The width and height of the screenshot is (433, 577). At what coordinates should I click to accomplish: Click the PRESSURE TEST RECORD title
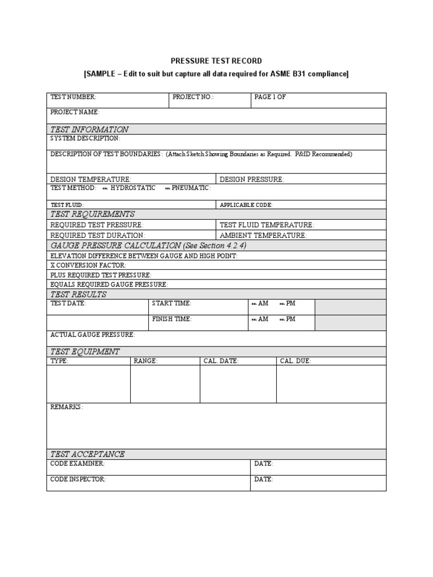pos(216,61)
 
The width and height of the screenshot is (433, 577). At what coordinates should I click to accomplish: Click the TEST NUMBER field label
pos(73,97)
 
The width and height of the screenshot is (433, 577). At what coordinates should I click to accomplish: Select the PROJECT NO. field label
pos(193,97)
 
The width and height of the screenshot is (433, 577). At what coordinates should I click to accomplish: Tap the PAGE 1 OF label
pos(270,97)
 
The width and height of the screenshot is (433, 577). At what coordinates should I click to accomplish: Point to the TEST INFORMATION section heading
pos(89,129)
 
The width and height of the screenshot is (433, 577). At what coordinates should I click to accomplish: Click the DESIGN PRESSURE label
pos(251,179)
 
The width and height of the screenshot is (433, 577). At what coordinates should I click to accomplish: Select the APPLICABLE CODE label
pos(246,205)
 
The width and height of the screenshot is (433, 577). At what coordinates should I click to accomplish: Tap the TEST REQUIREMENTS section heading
pos(92,214)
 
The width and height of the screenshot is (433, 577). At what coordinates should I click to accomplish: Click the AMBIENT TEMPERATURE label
pos(263,235)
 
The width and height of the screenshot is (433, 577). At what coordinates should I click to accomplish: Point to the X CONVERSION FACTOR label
pos(88,265)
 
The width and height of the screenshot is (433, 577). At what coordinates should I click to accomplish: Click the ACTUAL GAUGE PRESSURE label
pos(92,335)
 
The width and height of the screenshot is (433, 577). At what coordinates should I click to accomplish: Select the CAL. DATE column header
pos(221,361)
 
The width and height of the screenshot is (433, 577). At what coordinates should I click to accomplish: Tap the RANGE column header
pos(145,361)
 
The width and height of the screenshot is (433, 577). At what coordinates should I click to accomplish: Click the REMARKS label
pos(67,407)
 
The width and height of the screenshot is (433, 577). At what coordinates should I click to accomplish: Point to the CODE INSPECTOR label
pos(78,479)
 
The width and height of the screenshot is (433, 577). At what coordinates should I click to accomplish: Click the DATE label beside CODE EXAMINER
pos(264,463)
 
